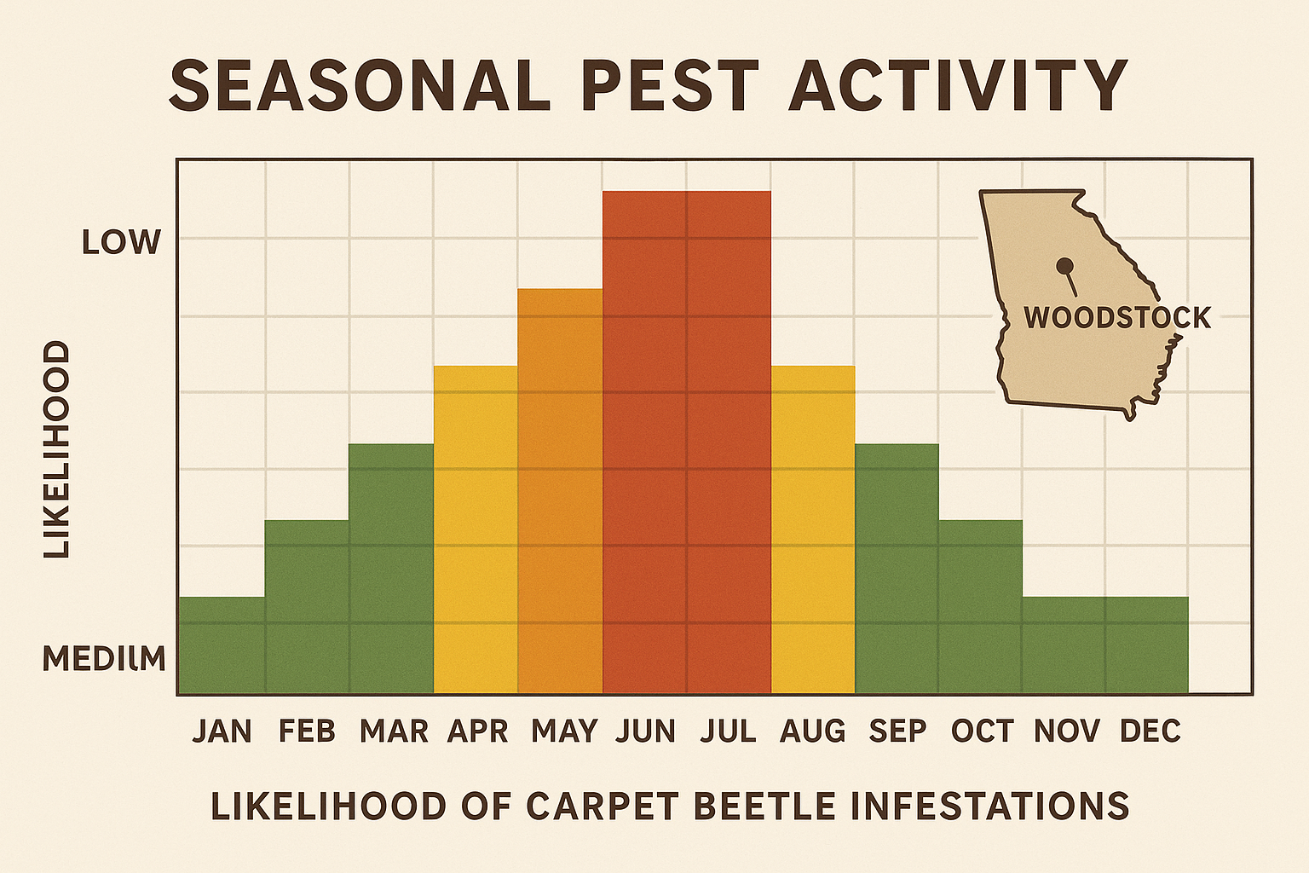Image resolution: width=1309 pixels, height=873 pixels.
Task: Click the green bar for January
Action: pos(222,645)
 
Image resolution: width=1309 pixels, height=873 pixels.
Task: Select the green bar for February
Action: pos(307,607)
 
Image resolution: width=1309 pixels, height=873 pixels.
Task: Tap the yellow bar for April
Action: pos(476,529)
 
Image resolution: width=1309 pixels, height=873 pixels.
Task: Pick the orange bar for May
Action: pos(560,491)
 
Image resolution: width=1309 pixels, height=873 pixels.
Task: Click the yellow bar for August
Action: pos(813,529)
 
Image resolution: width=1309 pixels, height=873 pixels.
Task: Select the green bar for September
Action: pos(897,569)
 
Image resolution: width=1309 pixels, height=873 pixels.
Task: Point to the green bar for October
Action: pos(980,607)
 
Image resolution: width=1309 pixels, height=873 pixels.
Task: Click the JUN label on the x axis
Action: pos(645,731)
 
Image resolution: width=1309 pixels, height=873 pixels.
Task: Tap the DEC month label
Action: pos(1150,731)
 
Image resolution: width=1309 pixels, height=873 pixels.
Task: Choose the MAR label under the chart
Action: pos(394,731)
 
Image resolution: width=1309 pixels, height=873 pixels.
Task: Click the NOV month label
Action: pos(1066,731)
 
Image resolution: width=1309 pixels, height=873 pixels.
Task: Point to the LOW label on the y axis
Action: pos(121,243)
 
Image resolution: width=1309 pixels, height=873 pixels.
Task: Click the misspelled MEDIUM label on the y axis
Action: pos(104,658)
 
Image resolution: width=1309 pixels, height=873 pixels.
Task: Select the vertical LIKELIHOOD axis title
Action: pos(57,449)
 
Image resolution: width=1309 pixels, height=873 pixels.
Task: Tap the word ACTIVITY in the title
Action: pos(959,85)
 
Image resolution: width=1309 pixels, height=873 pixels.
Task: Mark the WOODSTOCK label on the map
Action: pos(1116,318)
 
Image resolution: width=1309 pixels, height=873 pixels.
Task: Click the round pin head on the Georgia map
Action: pos(1063,266)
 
